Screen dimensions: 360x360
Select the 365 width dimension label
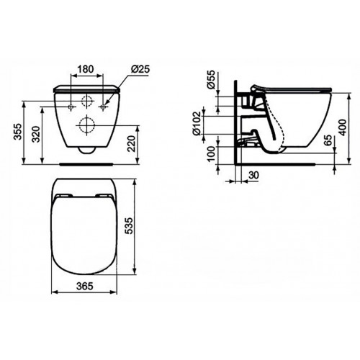(86, 305)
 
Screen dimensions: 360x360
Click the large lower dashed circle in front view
(86, 123)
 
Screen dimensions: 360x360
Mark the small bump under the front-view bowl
(86, 151)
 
